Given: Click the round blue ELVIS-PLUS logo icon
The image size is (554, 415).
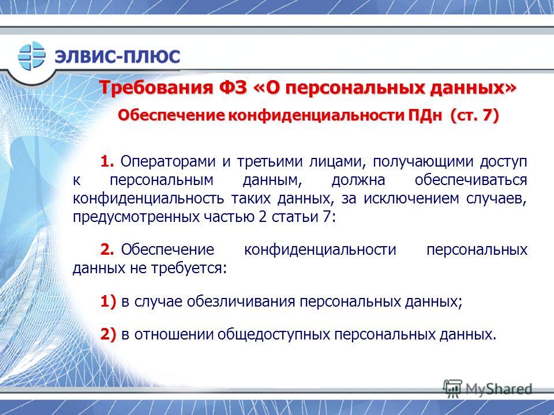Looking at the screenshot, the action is pyautogui.click(x=32, y=56).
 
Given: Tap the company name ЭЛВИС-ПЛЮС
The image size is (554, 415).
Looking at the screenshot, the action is pyautogui.click(x=117, y=56).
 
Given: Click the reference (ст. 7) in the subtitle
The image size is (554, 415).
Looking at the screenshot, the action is pyautogui.click(x=474, y=116).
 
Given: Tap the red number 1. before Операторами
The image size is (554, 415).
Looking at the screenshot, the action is pyautogui.click(x=107, y=161).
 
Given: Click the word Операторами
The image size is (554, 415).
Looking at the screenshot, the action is pyautogui.click(x=168, y=161).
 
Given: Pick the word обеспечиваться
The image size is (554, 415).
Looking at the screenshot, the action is pyautogui.click(x=471, y=180).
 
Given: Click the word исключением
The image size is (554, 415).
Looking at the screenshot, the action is pyautogui.click(x=411, y=199).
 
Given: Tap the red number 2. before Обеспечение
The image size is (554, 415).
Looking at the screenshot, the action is pyautogui.click(x=107, y=250).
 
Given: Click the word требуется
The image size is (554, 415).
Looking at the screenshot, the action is pyautogui.click(x=189, y=269).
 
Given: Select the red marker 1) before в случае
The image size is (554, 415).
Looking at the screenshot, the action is pyautogui.click(x=108, y=301).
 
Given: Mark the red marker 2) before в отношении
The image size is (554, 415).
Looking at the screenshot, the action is pyautogui.click(x=108, y=334).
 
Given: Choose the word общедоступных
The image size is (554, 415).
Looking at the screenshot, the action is pyautogui.click(x=274, y=334).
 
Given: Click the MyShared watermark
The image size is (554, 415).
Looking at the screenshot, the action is pyautogui.click(x=488, y=388).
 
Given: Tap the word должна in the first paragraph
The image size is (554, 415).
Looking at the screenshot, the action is pyautogui.click(x=358, y=180).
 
